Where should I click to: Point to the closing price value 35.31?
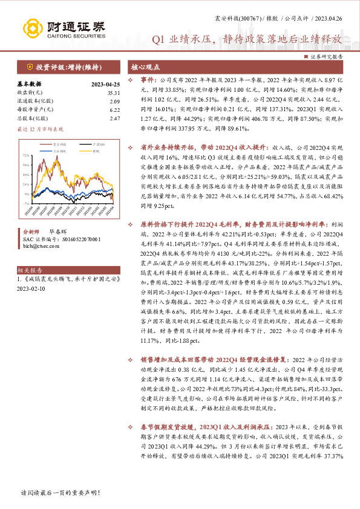[114, 92]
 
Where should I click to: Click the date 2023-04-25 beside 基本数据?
[105, 84]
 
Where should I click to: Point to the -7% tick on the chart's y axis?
[25, 194]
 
